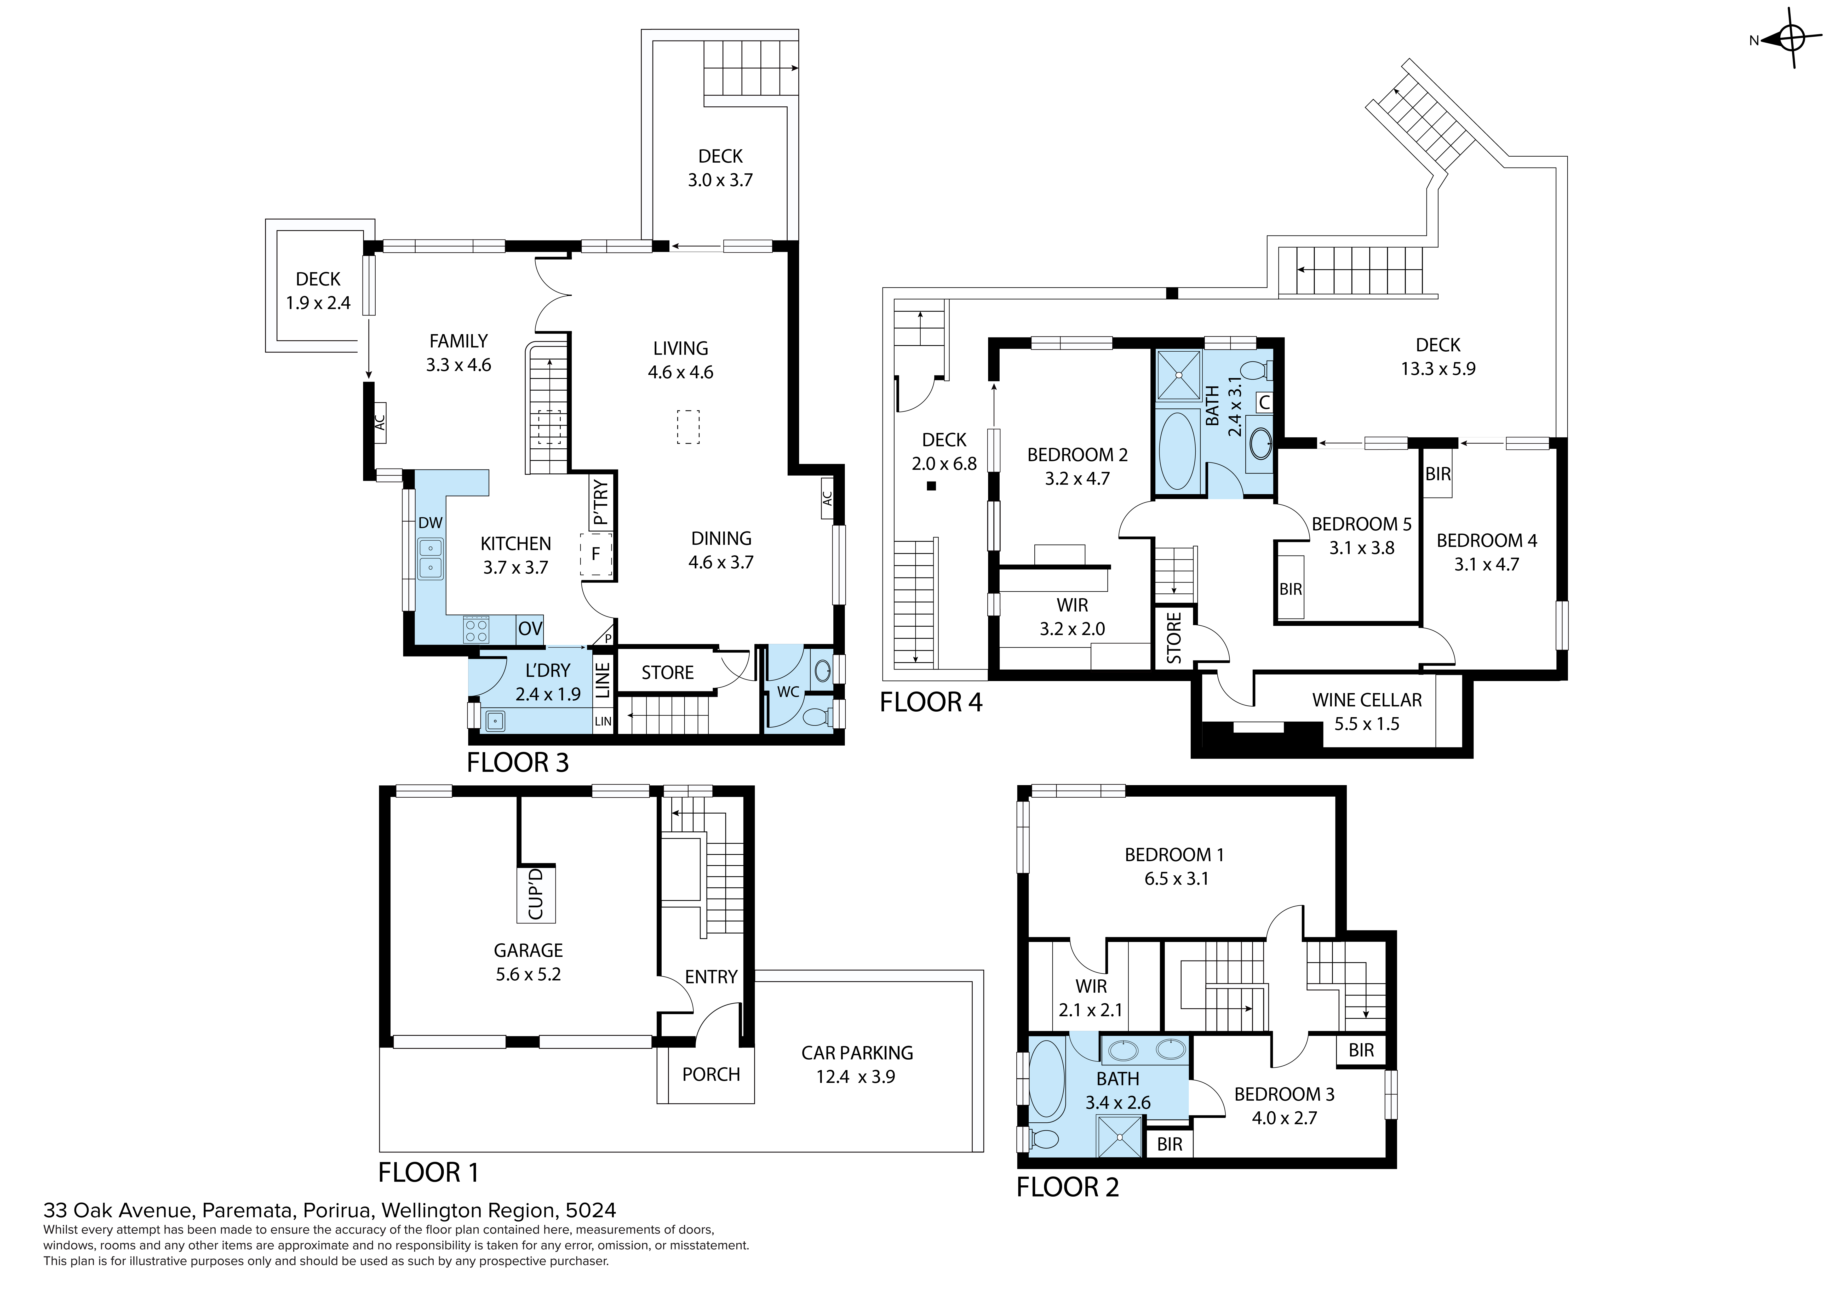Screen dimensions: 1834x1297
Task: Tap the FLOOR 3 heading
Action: click(x=518, y=762)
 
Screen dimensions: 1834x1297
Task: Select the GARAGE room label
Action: click(x=528, y=950)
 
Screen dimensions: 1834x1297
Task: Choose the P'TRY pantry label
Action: click(x=601, y=502)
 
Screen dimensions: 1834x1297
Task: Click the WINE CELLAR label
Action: click(x=1367, y=700)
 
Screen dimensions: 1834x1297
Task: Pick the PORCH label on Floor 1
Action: click(x=711, y=1074)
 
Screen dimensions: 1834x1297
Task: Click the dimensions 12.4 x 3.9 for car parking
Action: click(x=856, y=1076)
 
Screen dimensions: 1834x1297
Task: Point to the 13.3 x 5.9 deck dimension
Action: click(x=1438, y=368)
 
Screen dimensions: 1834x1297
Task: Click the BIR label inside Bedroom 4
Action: click(x=1438, y=474)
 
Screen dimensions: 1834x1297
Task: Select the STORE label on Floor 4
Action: click(x=1173, y=638)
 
